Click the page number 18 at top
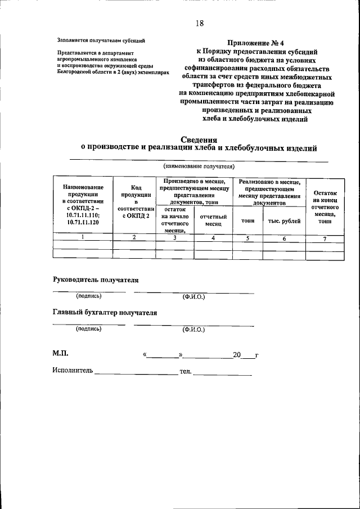[x=200, y=23]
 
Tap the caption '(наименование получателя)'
[x=199, y=166]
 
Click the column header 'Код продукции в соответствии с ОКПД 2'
[x=134, y=201]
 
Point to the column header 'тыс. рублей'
[x=284, y=221]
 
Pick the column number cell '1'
[x=83, y=238]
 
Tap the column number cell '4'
[x=213, y=238]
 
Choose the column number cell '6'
[x=284, y=238]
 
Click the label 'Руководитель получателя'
[x=95, y=280]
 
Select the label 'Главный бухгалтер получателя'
[x=105, y=312]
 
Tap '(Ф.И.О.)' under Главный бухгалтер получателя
[x=193, y=329]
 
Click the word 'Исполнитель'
[x=73, y=372]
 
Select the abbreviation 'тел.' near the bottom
[x=186, y=372]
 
